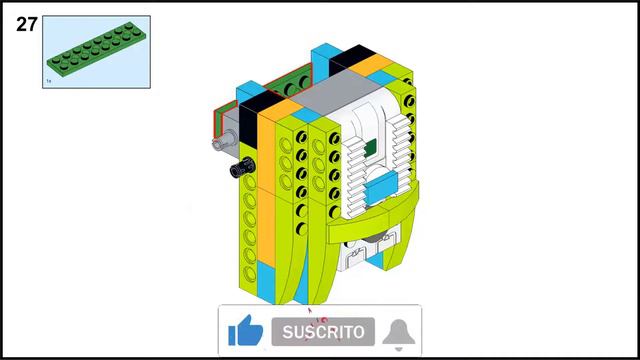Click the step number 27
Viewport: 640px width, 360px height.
coord(26,25)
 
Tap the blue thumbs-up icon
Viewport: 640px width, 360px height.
coord(245,331)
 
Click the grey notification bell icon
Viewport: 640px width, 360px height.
coord(399,332)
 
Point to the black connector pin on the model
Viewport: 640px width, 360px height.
coord(240,171)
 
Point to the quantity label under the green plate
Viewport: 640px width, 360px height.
coord(49,81)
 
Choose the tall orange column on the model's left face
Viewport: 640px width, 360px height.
coord(274,200)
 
